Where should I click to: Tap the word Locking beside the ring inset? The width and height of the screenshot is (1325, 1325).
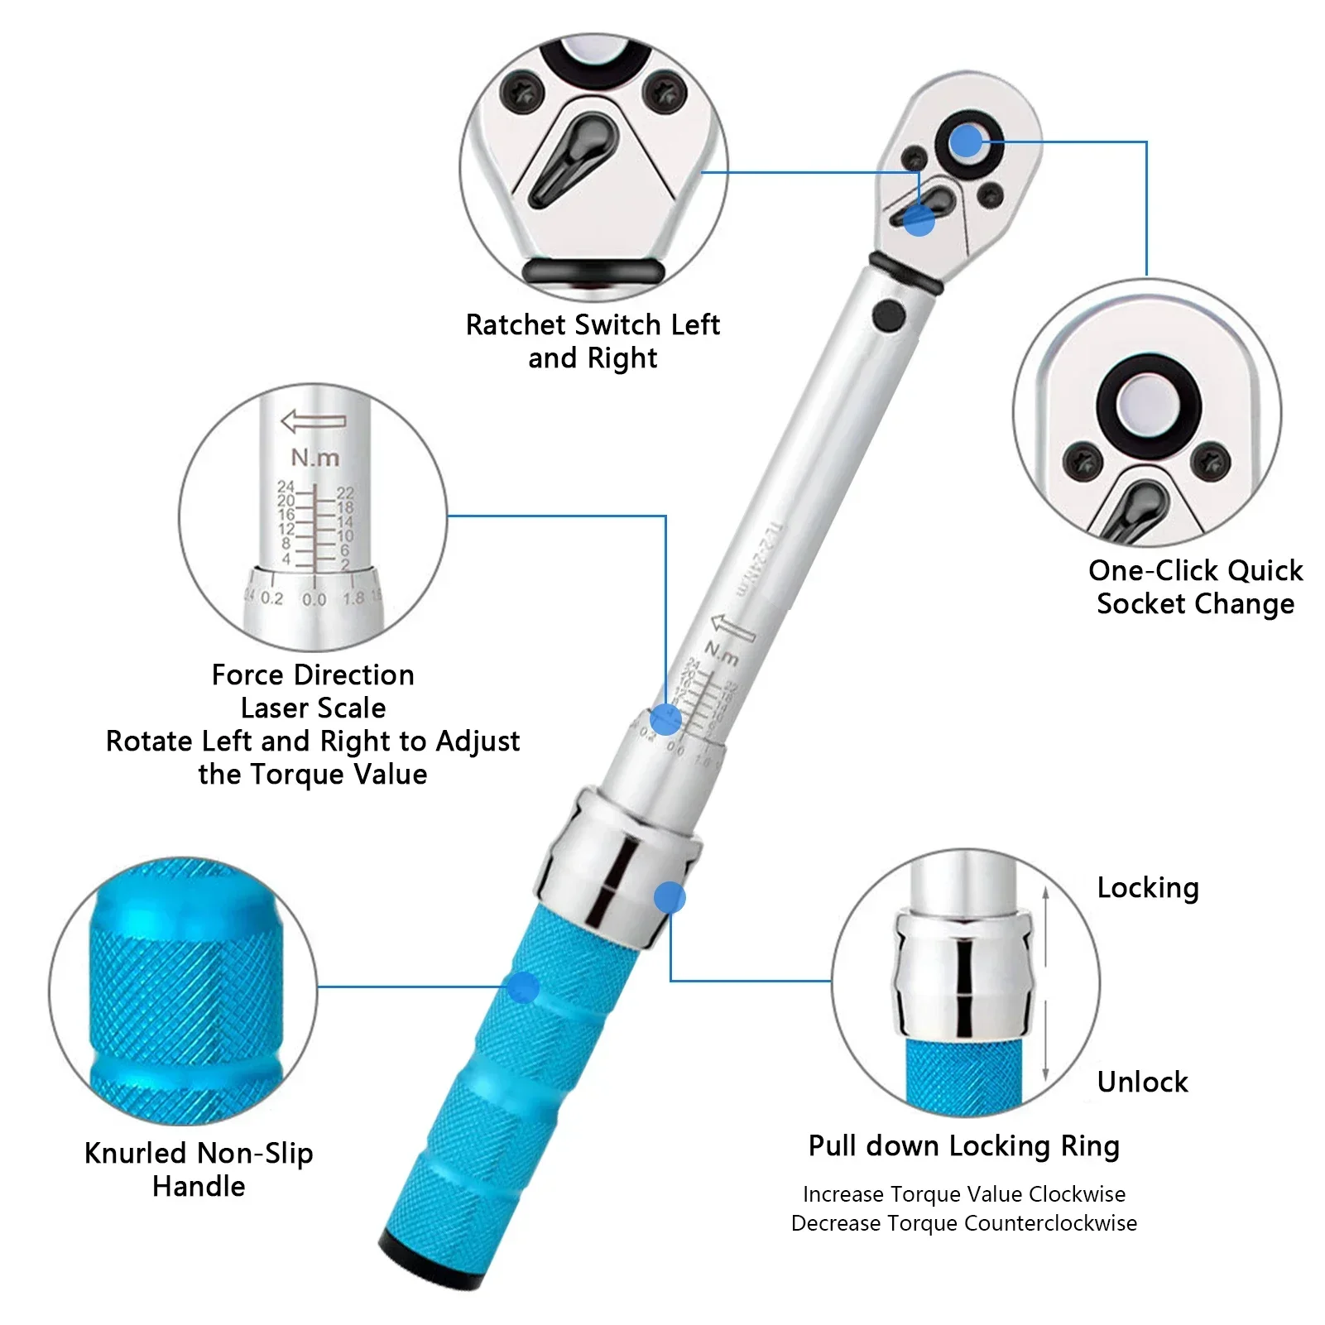(x=1147, y=888)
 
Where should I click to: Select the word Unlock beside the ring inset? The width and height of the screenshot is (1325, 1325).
(x=1142, y=1082)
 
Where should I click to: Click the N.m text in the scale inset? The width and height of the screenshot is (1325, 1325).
(x=314, y=457)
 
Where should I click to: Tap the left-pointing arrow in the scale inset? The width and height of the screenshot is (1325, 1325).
(x=313, y=420)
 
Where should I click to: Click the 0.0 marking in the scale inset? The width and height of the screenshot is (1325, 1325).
(x=314, y=599)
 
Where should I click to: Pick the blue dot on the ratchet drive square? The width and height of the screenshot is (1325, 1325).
(x=966, y=142)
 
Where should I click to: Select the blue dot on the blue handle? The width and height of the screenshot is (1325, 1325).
(x=522, y=987)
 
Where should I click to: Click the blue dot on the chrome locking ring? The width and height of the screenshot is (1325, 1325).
(x=669, y=898)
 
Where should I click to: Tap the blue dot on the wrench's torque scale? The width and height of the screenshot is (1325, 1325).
(x=665, y=719)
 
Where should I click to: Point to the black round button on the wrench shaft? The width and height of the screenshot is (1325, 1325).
(x=888, y=314)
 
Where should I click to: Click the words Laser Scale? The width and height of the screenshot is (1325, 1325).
(x=313, y=708)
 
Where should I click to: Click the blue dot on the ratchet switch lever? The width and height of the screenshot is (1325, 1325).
(x=918, y=220)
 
